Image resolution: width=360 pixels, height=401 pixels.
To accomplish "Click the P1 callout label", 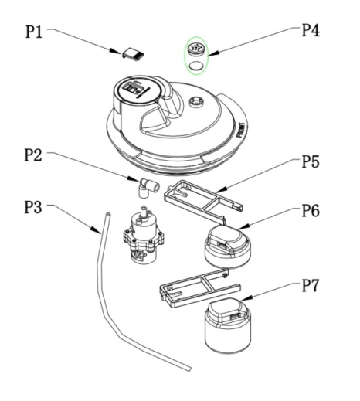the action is [x=34, y=32].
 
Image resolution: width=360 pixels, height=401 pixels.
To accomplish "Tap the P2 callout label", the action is [x=33, y=155].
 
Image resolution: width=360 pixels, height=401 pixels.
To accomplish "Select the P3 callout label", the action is [x=33, y=207].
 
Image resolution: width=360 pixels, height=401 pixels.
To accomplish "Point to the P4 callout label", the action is [x=311, y=30].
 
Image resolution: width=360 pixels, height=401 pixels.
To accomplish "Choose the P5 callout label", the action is [x=311, y=161].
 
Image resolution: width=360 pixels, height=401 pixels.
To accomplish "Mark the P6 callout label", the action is [x=311, y=210].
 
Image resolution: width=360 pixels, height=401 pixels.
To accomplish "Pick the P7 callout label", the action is [x=311, y=285].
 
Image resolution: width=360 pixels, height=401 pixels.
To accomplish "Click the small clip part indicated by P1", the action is [x=133, y=54].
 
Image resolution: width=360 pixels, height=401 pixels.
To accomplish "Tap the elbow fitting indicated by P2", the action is [x=148, y=188].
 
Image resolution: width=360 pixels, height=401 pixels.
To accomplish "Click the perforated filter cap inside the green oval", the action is [x=197, y=49].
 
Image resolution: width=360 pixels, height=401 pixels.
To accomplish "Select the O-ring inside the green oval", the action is [x=196, y=66].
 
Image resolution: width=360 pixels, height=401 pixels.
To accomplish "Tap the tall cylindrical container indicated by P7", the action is [x=228, y=325].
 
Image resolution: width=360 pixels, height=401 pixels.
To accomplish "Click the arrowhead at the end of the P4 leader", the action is [x=213, y=53].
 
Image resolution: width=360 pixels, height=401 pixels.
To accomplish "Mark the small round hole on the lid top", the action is [x=196, y=101].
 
